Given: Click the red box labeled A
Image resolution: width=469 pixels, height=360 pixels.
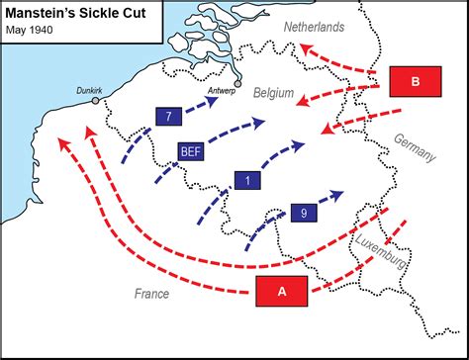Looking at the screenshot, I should click(x=283, y=291).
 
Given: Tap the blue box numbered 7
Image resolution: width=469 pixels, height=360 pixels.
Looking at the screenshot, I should click(x=170, y=117).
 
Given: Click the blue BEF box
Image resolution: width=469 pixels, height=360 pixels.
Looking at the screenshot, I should click(x=191, y=150).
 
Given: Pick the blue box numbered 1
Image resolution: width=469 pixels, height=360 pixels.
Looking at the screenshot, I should click(x=247, y=180).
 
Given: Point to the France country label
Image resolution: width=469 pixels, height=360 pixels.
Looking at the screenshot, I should click(x=151, y=294).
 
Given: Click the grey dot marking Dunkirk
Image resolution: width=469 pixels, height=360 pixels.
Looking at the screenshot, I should click(x=96, y=101).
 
